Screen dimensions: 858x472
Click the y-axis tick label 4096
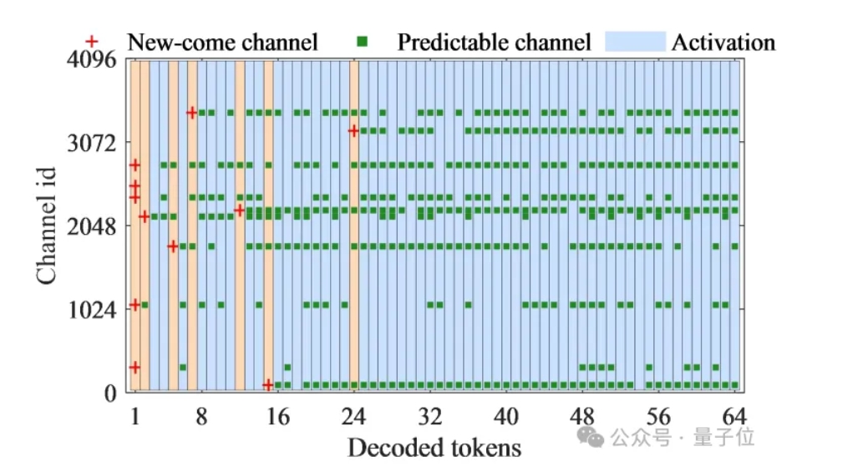coord(92,59)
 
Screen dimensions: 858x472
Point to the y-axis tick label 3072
coord(92,143)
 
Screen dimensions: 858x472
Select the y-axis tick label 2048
coord(92,226)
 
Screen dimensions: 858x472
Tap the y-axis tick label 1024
coord(92,310)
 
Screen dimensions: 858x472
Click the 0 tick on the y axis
coord(111,393)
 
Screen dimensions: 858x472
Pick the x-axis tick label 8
coord(202,417)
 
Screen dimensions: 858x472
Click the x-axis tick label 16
coord(277,417)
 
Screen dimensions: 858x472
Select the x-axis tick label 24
coord(353,417)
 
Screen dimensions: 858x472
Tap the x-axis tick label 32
coord(430,417)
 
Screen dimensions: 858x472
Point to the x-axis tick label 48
coord(581,417)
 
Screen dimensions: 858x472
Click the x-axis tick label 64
coord(734,417)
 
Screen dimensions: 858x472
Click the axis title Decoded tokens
coord(434,448)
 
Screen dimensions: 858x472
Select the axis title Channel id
coord(47,226)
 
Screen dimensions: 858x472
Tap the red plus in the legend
coord(92,41)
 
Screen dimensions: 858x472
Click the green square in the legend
coord(362,41)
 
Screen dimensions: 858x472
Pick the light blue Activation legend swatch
coord(635,42)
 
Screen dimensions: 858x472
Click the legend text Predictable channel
coord(494,42)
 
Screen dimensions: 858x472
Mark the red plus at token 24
coord(353,130)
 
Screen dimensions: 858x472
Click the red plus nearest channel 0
coord(267,385)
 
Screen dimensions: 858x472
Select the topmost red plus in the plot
coord(191,114)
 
